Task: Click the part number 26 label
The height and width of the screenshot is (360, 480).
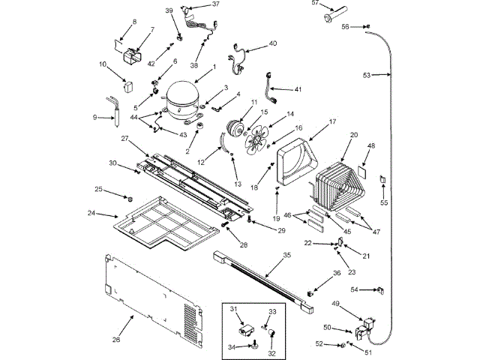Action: (116, 340)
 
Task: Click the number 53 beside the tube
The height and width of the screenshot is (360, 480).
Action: (367, 75)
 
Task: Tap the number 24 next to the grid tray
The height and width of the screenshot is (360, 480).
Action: (91, 213)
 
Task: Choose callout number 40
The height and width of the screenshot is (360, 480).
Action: (272, 43)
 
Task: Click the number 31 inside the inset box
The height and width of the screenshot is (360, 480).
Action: (233, 309)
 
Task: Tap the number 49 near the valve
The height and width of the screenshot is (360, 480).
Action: (335, 304)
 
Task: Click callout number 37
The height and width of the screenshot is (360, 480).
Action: (216, 4)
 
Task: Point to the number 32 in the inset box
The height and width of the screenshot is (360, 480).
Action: (271, 352)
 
